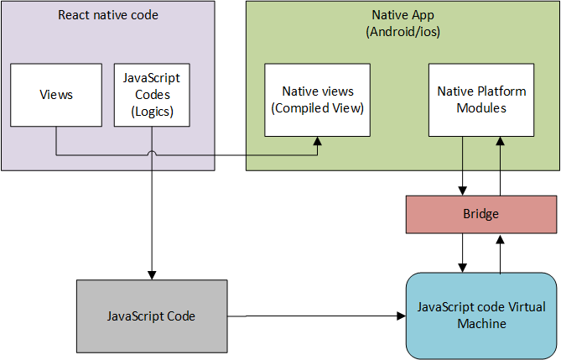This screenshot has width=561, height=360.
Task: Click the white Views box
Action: click(x=56, y=94)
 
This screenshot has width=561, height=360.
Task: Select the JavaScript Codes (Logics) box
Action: click(x=152, y=94)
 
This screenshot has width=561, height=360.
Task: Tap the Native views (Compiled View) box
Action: click(x=317, y=99)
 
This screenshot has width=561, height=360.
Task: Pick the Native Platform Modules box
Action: click(x=480, y=99)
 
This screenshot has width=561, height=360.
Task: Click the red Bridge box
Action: click(x=480, y=214)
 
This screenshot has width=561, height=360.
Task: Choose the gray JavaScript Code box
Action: click(x=151, y=316)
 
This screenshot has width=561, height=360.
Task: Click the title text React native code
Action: click(x=107, y=15)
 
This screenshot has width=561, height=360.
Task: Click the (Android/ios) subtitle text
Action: click(x=403, y=31)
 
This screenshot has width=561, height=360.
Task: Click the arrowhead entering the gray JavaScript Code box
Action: click(x=152, y=274)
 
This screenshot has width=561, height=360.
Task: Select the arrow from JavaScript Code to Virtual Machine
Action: click(x=319, y=316)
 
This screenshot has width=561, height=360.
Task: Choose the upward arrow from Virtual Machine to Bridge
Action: click(x=501, y=253)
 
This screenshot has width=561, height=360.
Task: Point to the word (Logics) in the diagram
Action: click(x=152, y=111)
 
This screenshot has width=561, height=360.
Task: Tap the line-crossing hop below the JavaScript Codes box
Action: click(x=152, y=154)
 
